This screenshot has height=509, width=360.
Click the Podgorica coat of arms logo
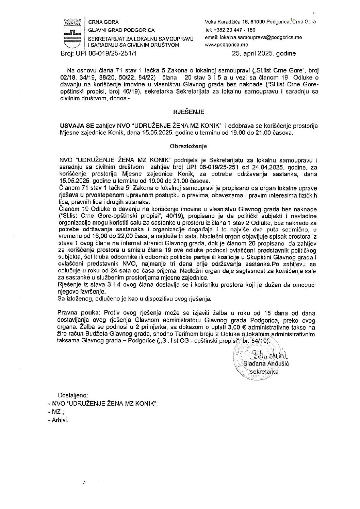click(x=72, y=33)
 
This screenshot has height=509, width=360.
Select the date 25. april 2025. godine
click(x=264, y=53)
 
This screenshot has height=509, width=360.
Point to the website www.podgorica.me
click(x=226, y=45)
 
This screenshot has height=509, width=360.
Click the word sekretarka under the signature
click(x=264, y=371)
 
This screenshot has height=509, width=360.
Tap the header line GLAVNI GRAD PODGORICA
click(x=121, y=30)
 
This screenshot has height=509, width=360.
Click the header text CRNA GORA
click(x=101, y=22)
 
